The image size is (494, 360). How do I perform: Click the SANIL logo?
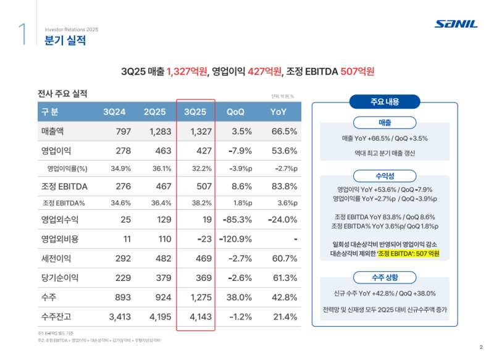tap(456, 24)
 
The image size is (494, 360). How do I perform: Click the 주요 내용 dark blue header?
tap(385, 101)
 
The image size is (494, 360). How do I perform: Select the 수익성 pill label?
tap(385, 175)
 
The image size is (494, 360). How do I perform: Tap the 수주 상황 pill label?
tap(385, 277)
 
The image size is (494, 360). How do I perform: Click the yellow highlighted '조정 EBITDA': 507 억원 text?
tap(408, 254)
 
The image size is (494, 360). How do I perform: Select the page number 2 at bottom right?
tap(480, 346)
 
